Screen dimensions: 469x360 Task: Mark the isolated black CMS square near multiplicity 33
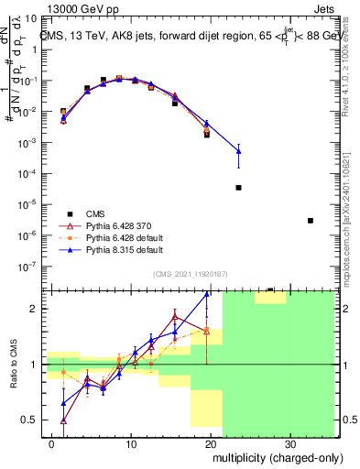click(x=311, y=220)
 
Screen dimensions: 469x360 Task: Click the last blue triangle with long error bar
click(x=238, y=150)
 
